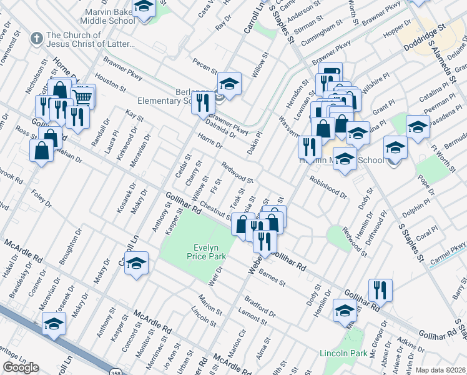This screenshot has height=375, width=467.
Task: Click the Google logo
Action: (21, 367)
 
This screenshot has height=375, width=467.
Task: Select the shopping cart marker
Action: (83, 96)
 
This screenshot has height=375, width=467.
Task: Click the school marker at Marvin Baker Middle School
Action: (144, 8)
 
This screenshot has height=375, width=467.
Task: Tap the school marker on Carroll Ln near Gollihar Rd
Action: (135, 263)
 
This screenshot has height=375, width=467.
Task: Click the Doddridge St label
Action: (424, 37)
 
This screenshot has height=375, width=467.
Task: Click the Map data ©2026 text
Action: (441, 370)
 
